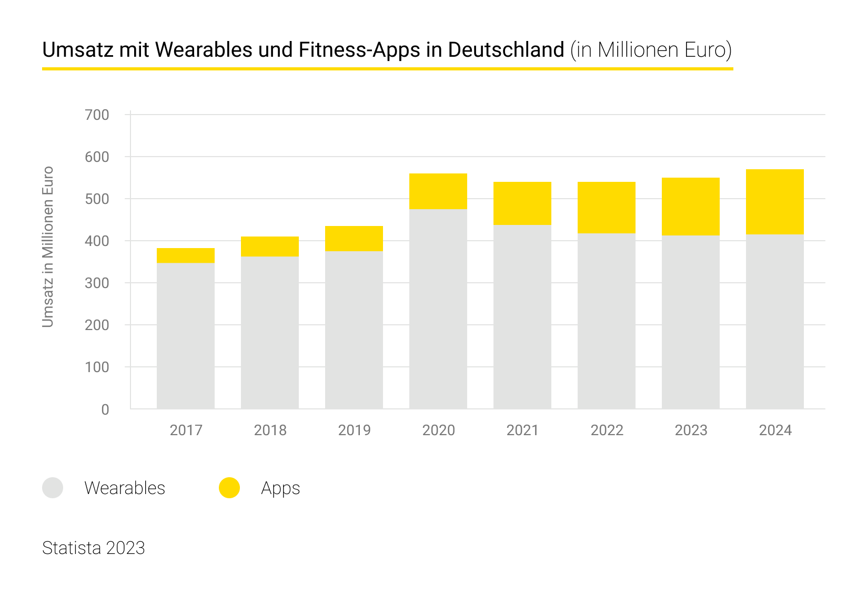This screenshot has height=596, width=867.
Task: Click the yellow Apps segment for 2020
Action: (x=438, y=191)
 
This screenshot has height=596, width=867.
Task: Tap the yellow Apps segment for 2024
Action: (x=774, y=202)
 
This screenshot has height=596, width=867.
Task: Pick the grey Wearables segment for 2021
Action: (x=522, y=316)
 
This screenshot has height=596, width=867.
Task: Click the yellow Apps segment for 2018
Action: (x=269, y=246)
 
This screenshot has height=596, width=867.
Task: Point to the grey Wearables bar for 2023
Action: (x=690, y=322)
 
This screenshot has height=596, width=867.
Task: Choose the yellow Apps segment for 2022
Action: (x=606, y=208)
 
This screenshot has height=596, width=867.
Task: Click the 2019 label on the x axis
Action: (x=354, y=430)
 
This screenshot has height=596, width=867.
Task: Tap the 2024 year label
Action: (x=775, y=430)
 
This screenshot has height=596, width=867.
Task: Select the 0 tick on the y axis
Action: (x=105, y=409)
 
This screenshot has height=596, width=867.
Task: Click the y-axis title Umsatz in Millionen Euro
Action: (x=48, y=246)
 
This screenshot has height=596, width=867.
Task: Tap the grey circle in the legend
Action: (x=53, y=488)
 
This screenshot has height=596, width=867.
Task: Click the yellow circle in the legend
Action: (x=229, y=488)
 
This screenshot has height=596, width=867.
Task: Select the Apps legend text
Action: (x=280, y=488)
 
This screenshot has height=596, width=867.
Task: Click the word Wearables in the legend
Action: (x=125, y=488)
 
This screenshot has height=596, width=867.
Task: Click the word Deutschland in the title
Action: (x=506, y=50)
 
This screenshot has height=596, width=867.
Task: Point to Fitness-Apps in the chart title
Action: (x=359, y=50)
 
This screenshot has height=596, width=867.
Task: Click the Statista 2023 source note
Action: (x=93, y=548)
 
